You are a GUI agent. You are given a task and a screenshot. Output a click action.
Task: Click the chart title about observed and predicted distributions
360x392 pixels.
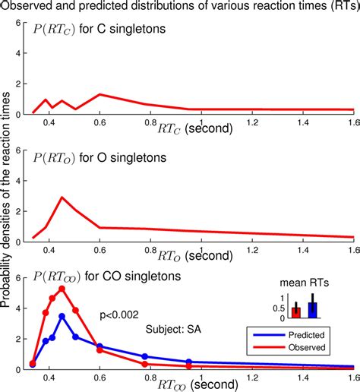coord(180,7)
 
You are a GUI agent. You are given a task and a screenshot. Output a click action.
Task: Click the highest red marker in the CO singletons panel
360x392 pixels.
coord(62,289)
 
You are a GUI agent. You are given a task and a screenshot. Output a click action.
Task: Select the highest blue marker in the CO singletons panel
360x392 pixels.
coord(62,316)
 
